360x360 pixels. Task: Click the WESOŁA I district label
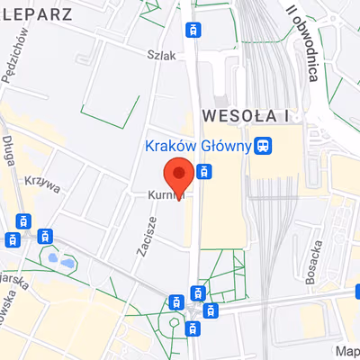(245, 115)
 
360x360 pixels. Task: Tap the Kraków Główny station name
(197, 145)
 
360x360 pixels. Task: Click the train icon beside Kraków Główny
(264, 145)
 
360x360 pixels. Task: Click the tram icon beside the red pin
(204, 172)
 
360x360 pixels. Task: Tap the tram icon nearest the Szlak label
(191, 30)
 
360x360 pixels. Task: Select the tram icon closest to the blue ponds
(42, 236)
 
